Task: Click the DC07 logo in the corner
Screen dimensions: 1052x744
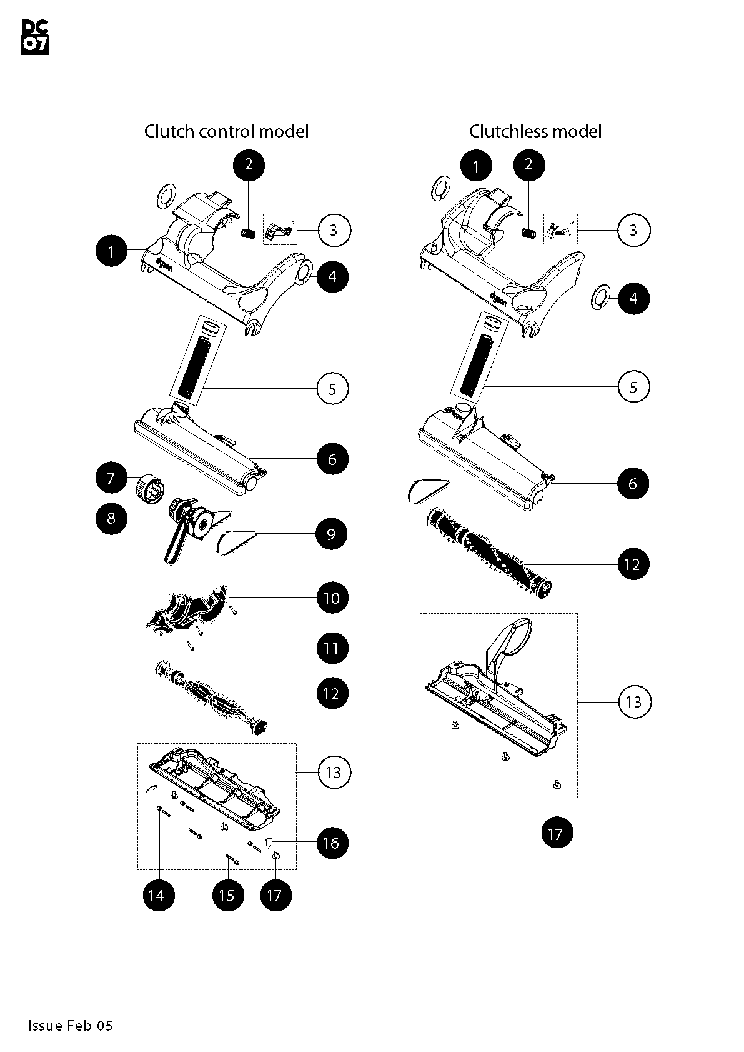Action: (x=35, y=37)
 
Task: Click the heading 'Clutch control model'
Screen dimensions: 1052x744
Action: (x=226, y=131)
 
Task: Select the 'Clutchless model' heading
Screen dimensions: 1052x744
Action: (x=535, y=131)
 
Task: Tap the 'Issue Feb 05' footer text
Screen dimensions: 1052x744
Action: (x=70, y=1025)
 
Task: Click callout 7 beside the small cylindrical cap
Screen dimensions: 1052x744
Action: (x=111, y=478)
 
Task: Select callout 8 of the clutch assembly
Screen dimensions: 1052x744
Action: (x=111, y=519)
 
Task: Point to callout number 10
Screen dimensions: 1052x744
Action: (x=332, y=598)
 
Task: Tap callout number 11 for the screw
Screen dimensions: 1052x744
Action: (x=332, y=648)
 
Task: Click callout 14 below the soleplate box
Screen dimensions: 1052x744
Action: (x=157, y=895)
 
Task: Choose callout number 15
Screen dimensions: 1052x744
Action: (x=227, y=895)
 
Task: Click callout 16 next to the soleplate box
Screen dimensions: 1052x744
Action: (x=332, y=843)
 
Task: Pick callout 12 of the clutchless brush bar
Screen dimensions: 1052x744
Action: (x=633, y=564)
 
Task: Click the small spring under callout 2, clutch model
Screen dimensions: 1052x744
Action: (x=249, y=233)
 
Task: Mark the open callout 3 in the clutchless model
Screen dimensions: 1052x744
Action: (x=633, y=230)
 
